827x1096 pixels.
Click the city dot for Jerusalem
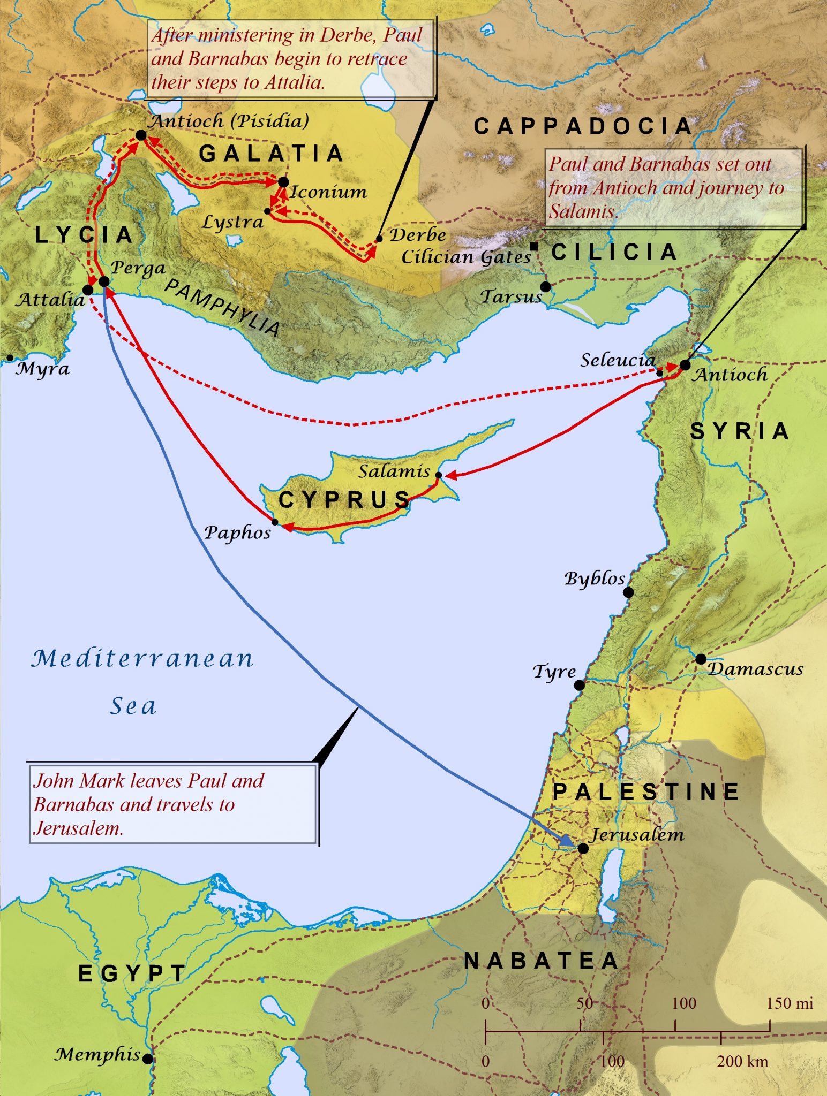[583, 848]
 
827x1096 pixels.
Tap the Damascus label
[755, 669]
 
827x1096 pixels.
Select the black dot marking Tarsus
[545, 287]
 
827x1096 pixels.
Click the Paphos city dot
[275, 522]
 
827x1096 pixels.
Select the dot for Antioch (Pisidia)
[141, 135]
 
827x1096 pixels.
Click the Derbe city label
[418, 235]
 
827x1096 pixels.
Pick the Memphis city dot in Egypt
[148, 1059]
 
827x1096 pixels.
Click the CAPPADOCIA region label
[583, 127]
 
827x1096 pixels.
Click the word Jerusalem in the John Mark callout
[78, 828]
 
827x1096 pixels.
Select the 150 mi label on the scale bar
[789, 1003]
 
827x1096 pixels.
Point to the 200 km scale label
[742, 1061]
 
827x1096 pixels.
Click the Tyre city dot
[579, 685]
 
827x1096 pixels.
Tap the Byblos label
[594, 579]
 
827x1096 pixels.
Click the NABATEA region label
[542, 961]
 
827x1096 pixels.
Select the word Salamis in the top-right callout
[581, 211]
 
